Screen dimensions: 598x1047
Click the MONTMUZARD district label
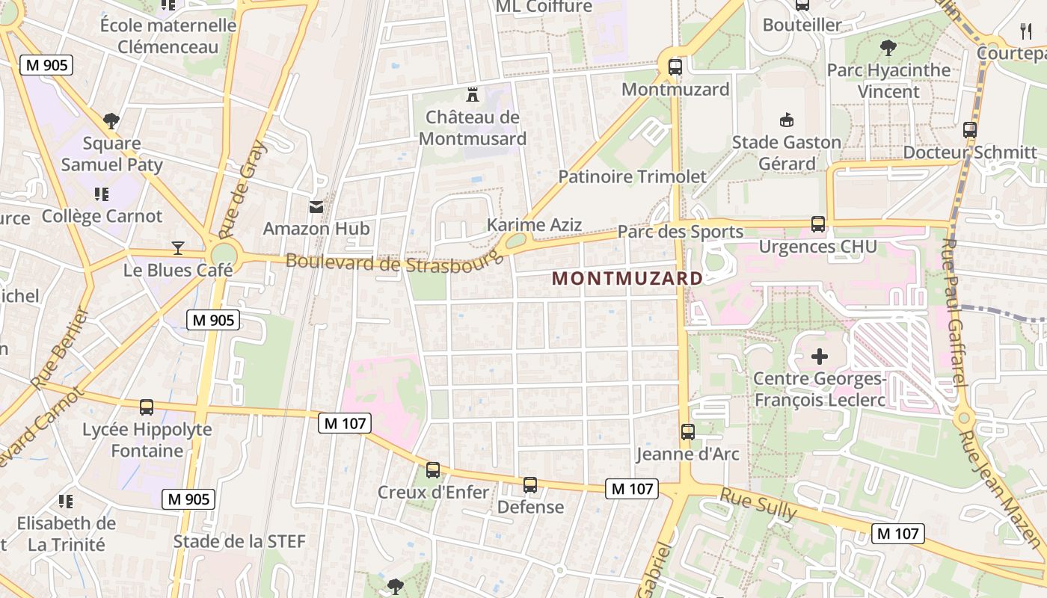coord(627,279)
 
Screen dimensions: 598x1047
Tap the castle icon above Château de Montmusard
coord(472,95)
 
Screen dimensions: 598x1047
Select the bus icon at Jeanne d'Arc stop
coord(687,431)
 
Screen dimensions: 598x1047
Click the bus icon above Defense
coord(530,484)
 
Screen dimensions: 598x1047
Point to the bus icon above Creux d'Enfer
coord(432,469)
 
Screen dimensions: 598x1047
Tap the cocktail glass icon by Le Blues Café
coord(178,247)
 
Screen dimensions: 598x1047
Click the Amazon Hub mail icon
coord(316,206)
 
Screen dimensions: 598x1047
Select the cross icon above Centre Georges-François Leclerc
coord(820,357)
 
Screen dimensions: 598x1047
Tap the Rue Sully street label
coord(758,505)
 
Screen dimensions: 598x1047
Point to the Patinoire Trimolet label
coord(632,176)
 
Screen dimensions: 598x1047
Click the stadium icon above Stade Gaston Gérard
coord(786,120)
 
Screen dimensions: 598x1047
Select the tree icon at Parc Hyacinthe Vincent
coord(888,48)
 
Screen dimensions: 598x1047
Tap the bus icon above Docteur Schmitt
coord(970,129)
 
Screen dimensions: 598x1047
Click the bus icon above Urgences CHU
coord(817,224)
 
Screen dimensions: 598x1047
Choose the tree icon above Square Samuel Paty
coord(111,120)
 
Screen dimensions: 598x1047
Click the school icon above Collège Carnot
coord(102,194)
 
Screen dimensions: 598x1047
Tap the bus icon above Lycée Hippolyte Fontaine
coord(147,407)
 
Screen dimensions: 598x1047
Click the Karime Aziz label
coord(534,224)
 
